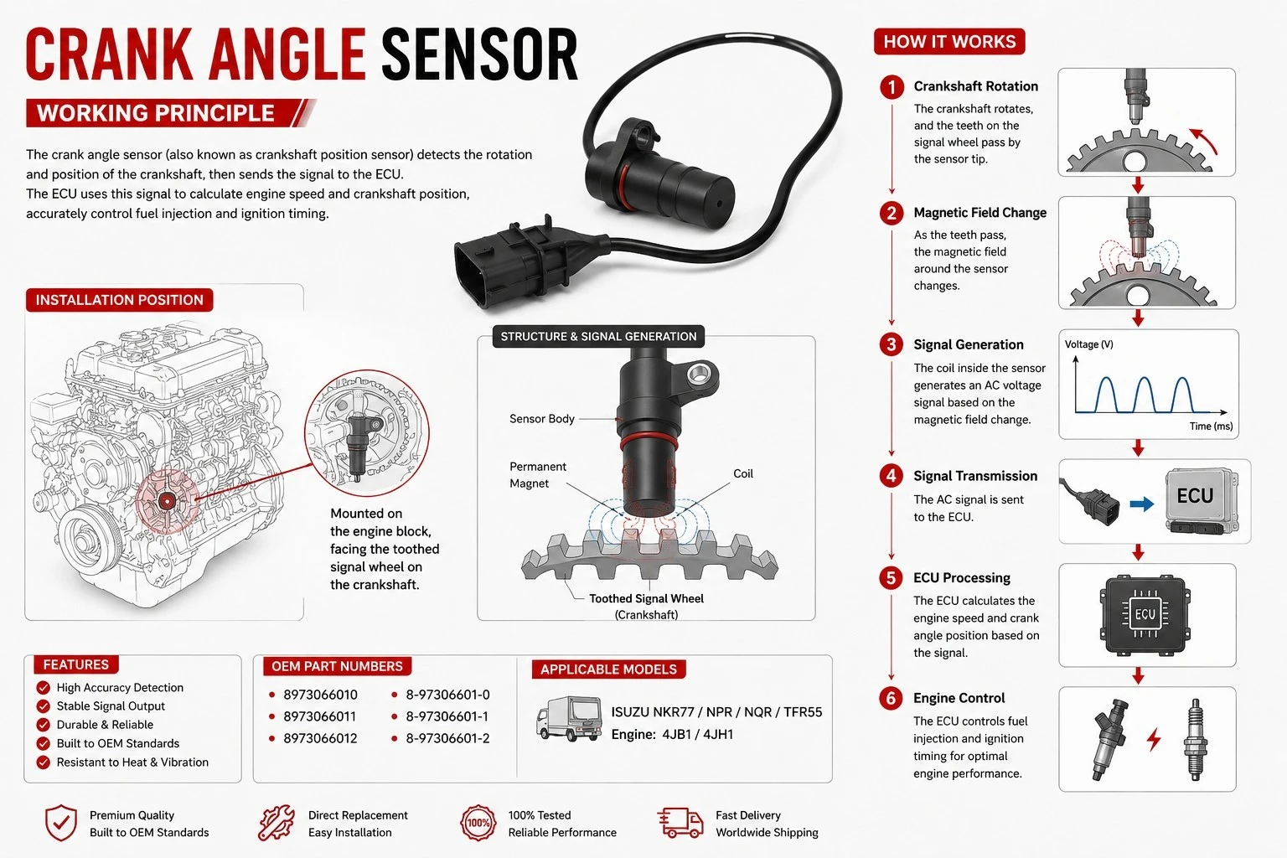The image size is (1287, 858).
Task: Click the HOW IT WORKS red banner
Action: point(949,41)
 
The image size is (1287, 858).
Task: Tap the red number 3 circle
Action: point(892,344)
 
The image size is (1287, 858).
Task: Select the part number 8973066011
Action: point(320,716)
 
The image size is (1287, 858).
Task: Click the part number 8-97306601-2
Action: point(447,738)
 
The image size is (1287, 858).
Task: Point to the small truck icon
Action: point(568,718)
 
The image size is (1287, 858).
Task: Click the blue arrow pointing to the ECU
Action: point(1142,504)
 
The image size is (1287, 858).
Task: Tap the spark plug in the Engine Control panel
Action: point(1196,739)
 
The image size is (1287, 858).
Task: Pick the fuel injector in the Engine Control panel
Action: point(1109,739)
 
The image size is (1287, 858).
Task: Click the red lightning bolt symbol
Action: point(1154,740)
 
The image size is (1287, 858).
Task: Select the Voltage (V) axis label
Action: point(1088,344)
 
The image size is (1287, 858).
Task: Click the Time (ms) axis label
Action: point(1211,426)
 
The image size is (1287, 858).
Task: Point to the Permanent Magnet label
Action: point(537,475)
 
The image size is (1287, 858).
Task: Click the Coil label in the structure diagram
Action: point(743,473)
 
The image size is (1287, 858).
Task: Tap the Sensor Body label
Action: point(542,419)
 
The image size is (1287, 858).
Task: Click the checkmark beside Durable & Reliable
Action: point(43,725)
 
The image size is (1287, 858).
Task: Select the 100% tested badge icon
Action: point(478,823)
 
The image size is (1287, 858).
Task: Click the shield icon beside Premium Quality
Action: point(61,823)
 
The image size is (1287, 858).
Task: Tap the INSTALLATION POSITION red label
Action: point(119,300)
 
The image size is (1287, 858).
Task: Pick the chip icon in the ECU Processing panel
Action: point(1145,615)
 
